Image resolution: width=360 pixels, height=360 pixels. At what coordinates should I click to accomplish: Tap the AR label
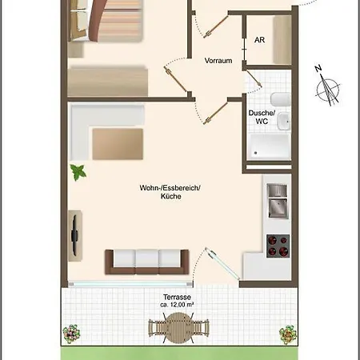[259, 39]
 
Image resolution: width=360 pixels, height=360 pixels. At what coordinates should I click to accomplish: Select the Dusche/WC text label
[261, 118]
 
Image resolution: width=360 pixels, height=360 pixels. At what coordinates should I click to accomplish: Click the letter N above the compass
[318, 68]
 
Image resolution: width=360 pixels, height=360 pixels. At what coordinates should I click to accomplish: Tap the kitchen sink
[277, 203]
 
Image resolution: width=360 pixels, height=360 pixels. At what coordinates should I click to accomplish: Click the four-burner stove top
[277, 245]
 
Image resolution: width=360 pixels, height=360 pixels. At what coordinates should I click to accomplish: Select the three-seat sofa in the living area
[147, 260]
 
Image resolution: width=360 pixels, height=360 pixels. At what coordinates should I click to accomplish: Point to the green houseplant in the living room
[79, 171]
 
